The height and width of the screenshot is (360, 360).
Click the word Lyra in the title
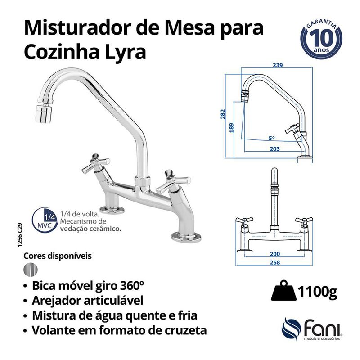pos(124,52)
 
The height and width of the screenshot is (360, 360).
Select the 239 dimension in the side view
pos(277,66)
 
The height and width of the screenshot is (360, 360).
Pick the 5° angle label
pos(272,138)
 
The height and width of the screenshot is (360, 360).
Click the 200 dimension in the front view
pos(274,254)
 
